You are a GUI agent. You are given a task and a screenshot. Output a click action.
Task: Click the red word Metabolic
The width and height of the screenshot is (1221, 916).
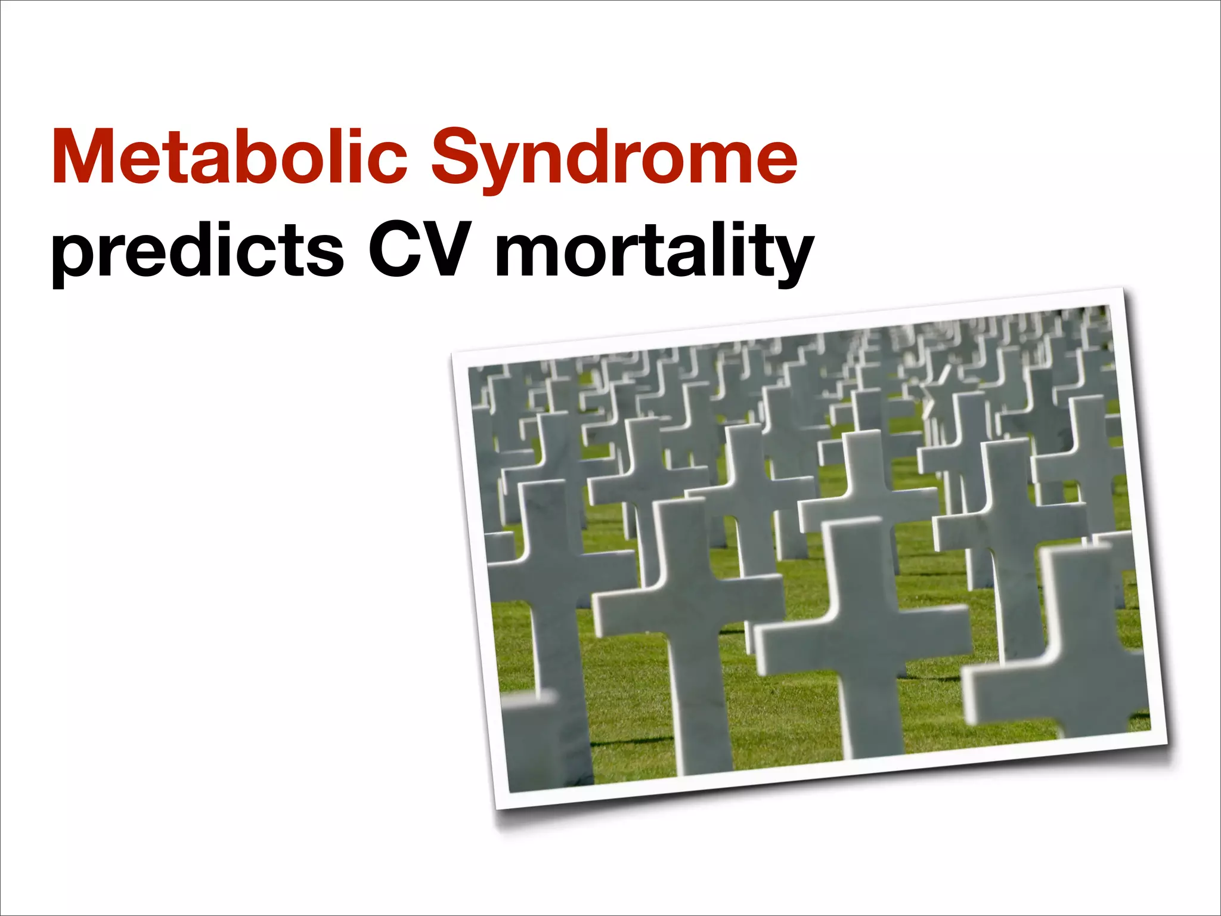point(230,156)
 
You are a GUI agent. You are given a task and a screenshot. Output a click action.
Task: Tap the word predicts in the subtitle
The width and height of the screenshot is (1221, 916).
point(197,250)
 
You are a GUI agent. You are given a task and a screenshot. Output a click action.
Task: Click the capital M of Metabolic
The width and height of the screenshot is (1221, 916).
point(83,156)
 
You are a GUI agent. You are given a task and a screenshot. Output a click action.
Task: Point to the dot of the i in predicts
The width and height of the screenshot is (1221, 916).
point(235,227)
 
